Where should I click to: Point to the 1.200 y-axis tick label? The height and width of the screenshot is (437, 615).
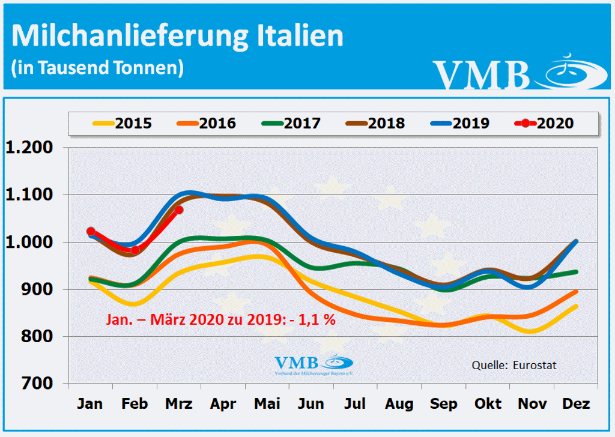tap(30, 148)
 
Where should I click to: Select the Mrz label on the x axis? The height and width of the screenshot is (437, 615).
tap(178, 404)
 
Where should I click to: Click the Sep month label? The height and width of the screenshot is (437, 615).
tap(444, 404)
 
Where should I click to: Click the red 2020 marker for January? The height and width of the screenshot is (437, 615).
tap(91, 231)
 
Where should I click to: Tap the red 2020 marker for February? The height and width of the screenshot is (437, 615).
tap(135, 250)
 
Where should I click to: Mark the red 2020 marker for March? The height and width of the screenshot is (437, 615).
tap(179, 209)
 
